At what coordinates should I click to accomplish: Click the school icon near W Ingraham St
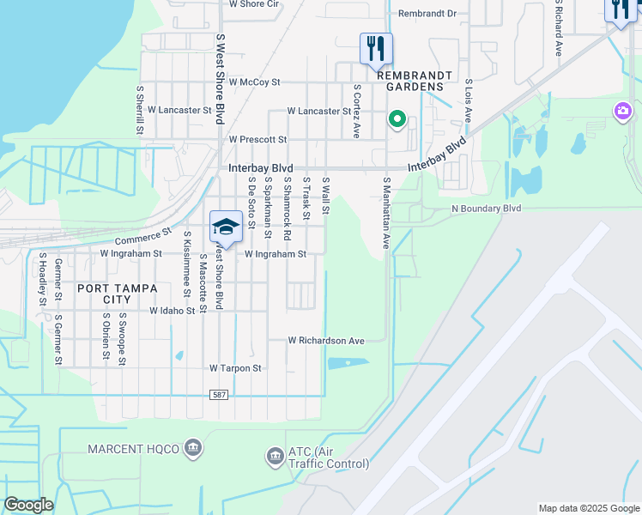(225, 227)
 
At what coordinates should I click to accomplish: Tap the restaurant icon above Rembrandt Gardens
(376, 48)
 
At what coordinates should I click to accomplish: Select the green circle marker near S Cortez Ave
(397, 119)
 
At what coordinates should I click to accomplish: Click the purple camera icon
(622, 111)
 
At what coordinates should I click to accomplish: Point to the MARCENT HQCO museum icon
(193, 447)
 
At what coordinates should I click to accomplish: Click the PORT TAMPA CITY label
(117, 294)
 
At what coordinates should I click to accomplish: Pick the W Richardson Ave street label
(326, 341)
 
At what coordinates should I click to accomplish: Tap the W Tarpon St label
(235, 368)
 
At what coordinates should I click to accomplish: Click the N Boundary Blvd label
(486, 209)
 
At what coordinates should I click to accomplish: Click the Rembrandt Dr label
(427, 14)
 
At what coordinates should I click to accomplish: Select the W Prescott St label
(257, 139)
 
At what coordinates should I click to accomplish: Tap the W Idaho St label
(173, 311)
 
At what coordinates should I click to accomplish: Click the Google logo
(28, 505)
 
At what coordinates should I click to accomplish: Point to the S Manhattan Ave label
(386, 213)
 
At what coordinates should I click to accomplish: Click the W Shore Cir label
(254, 4)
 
